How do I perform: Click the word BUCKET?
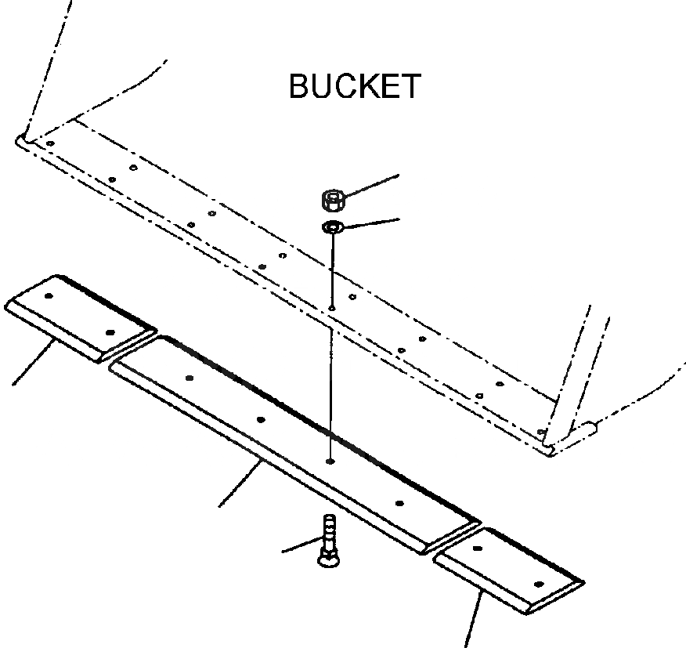point(355,86)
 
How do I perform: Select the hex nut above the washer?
point(333,201)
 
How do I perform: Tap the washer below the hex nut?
point(332,228)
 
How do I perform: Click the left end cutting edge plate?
point(78,317)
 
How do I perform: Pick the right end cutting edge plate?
point(508,569)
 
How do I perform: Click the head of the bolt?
point(327,557)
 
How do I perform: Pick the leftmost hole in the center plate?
point(190,378)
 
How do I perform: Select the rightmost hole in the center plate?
point(399,503)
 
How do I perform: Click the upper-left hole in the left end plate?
point(49,296)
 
